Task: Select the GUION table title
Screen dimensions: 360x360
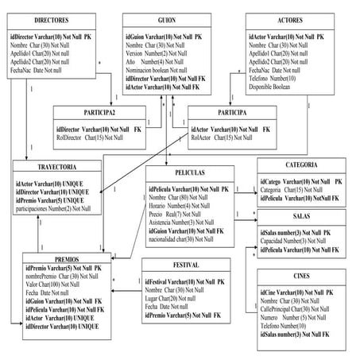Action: point(167,19)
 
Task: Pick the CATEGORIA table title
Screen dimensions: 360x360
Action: point(302,165)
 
